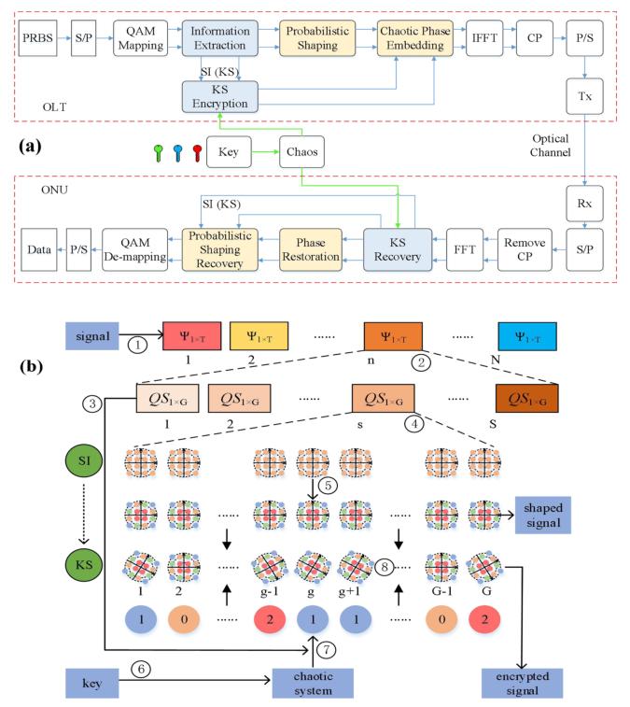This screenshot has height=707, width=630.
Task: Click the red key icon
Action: [196, 153]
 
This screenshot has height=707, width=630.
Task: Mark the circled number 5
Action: [327, 486]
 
